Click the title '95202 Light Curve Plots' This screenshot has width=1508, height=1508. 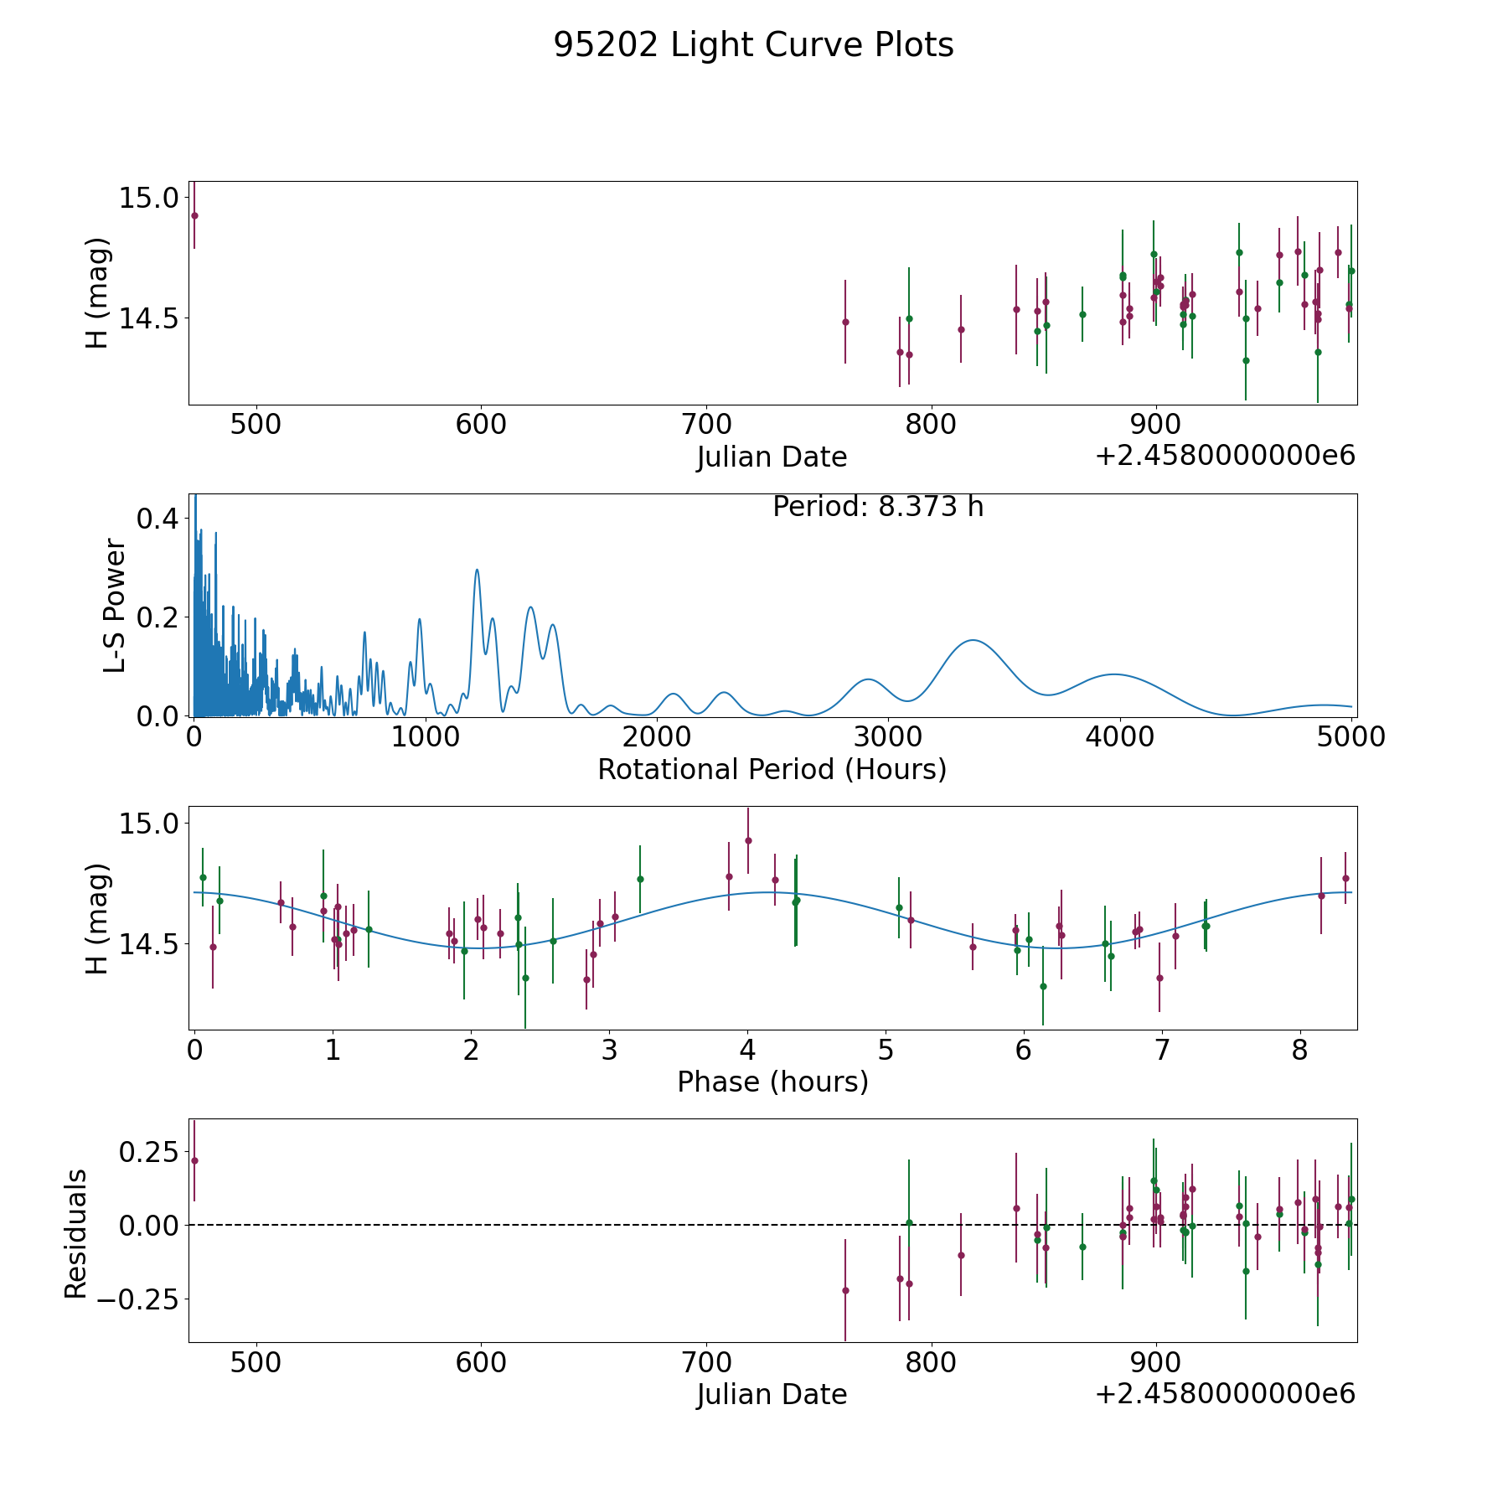point(753,45)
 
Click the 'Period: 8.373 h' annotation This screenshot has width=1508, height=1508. point(878,507)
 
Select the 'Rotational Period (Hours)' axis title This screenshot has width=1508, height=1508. point(772,769)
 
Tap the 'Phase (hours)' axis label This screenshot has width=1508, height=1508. point(772,1082)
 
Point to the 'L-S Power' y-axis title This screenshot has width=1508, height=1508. point(116,605)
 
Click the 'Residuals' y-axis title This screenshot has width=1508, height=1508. point(76,1233)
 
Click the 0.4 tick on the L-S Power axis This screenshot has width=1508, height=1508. point(158,519)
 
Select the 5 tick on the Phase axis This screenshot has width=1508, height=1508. point(886,1051)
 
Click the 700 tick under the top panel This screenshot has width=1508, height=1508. point(705,425)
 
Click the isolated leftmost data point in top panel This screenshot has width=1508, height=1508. point(194,215)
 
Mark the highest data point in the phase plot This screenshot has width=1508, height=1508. point(748,840)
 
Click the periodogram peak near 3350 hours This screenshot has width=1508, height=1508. point(973,640)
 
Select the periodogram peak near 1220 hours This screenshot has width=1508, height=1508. point(477,570)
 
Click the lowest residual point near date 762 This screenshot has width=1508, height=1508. point(845,1290)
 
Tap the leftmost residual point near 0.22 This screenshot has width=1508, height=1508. point(194,1160)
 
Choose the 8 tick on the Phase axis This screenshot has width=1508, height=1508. point(1299,1051)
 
